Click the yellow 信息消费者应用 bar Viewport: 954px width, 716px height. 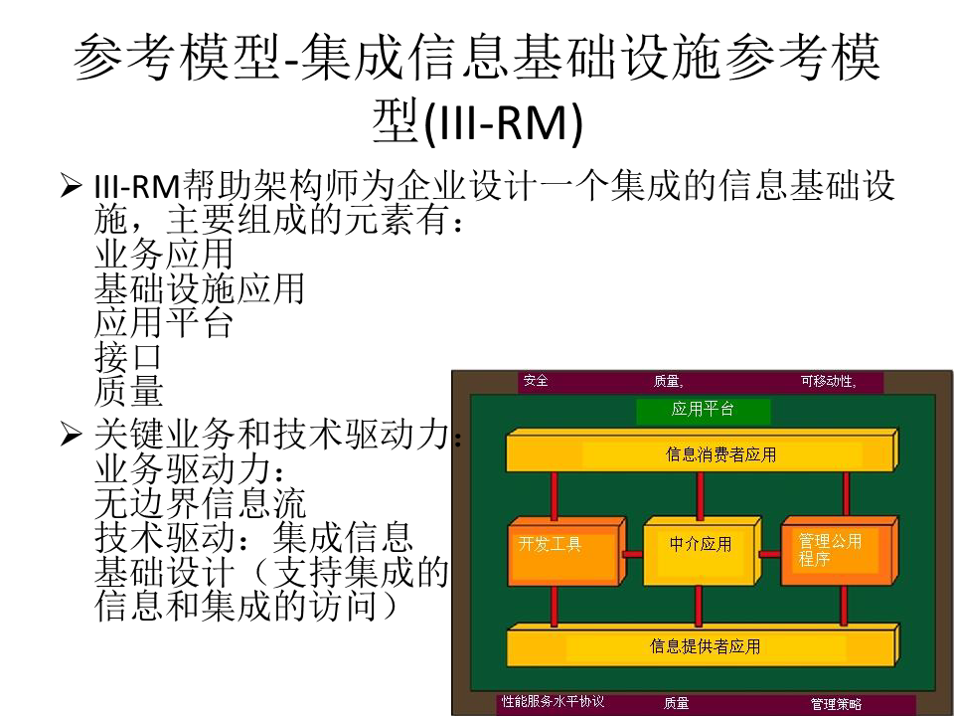[700, 454]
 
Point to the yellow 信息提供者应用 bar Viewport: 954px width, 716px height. [700, 646]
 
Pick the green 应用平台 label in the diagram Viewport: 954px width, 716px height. [703, 409]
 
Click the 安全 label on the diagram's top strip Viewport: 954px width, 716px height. [537, 381]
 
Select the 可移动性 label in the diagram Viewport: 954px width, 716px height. [828, 381]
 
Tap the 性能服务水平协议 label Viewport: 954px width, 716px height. [553, 702]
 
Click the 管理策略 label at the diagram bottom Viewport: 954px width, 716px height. [836, 704]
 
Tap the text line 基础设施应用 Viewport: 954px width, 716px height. [199, 289]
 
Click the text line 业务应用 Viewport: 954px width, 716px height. [164, 255]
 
